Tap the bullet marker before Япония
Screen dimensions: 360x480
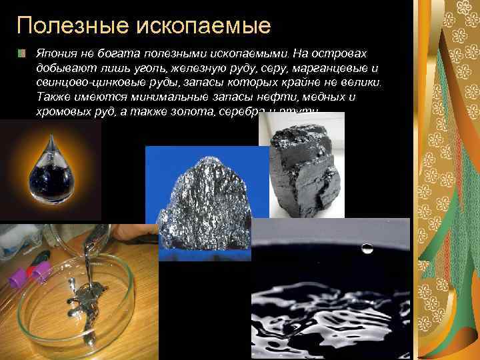pyautogui.click(x=22, y=53)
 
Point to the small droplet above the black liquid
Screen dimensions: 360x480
pyautogui.click(x=367, y=248)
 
